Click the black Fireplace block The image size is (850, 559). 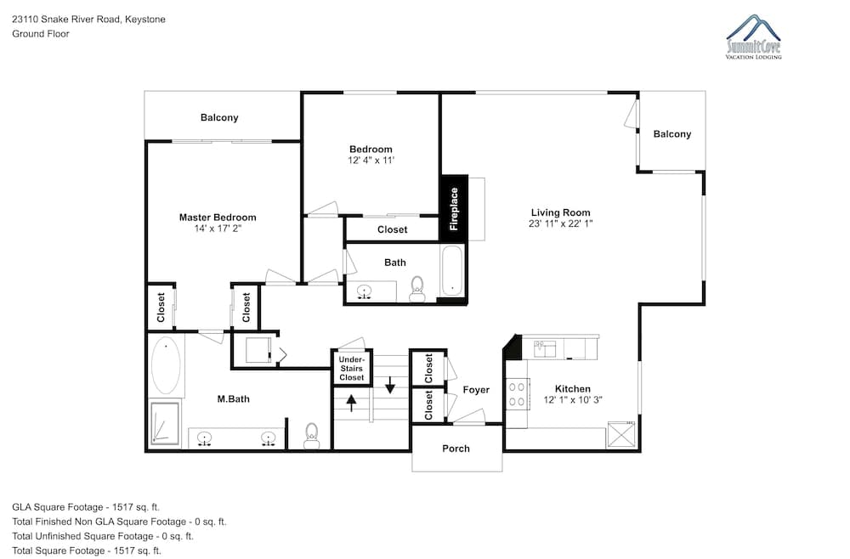click(454, 208)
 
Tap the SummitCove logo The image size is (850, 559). click(753, 37)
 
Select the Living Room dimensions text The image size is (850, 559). click(560, 223)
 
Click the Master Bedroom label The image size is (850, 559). click(218, 217)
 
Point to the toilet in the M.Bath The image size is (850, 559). click(311, 436)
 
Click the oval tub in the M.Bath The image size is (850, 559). click(166, 365)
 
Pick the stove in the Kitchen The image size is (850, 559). click(517, 394)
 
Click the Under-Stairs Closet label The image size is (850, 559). click(352, 369)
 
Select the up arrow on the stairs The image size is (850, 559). click(351, 403)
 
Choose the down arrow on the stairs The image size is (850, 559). click(390, 385)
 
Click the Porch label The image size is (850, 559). click(456, 449)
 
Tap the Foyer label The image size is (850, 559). click(476, 389)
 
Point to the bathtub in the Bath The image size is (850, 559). click(451, 271)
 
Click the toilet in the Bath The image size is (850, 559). click(416, 289)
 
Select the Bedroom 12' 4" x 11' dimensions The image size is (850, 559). click(371, 161)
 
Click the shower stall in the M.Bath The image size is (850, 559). click(164, 424)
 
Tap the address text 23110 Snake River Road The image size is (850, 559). click(66, 20)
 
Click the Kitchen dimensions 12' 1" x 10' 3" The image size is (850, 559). click(573, 400)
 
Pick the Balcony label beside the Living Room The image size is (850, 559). click(672, 134)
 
